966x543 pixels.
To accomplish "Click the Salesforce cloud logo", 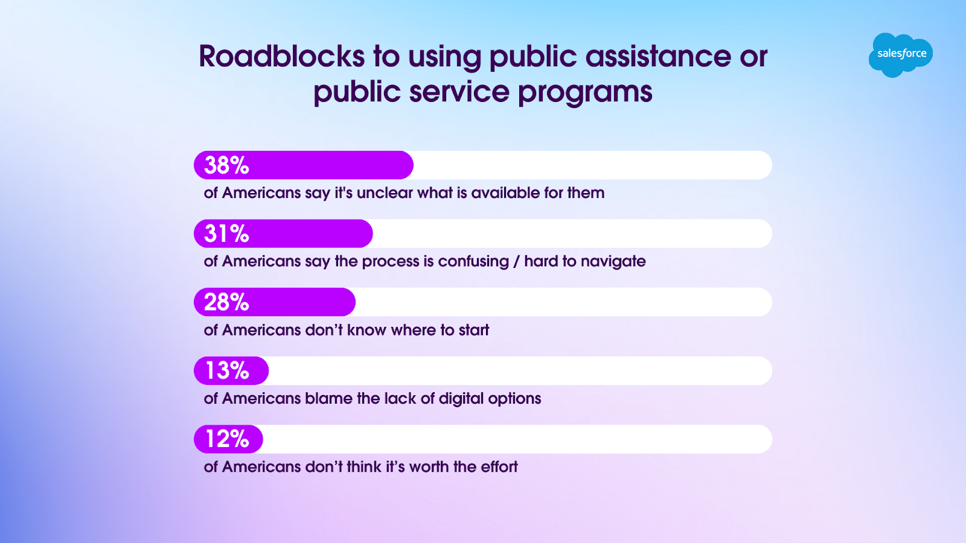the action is point(900,55).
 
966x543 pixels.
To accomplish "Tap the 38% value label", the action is point(226,165).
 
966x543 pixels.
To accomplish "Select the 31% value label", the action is point(226,233).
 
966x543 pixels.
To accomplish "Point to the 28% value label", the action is point(226,302).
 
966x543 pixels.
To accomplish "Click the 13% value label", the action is point(227,370).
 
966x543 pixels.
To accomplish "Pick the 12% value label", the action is point(227,439).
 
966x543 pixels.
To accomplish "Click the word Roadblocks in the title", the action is point(281,57).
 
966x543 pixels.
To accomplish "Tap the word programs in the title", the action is point(585,94).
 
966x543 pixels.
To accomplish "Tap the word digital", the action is point(461,399).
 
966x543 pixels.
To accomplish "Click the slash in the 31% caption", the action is point(517,262).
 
